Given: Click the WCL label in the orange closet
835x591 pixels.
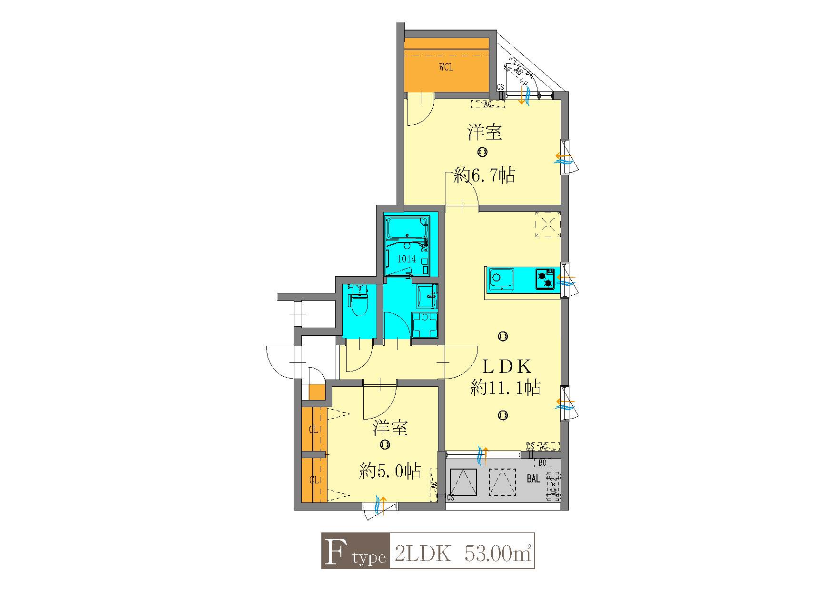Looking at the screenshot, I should (x=446, y=67).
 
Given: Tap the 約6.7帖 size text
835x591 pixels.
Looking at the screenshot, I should (x=484, y=176).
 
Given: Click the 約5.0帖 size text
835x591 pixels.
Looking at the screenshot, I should (x=390, y=471).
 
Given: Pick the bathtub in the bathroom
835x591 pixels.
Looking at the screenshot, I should (x=408, y=228).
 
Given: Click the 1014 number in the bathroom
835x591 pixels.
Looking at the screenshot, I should (x=407, y=259).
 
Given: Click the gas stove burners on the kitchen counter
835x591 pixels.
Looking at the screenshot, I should (x=545, y=279).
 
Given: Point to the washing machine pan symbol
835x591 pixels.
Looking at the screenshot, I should (x=425, y=325).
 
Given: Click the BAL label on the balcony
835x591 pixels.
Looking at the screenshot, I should (x=533, y=479).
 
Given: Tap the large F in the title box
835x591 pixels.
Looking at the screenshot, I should (x=335, y=551).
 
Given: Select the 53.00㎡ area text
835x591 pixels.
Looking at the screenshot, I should (x=497, y=553).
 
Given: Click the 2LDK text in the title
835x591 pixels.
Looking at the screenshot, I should (x=423, y=553).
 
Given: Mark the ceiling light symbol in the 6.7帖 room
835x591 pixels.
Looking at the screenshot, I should (x=482, y=152).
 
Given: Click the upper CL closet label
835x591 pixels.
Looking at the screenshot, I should (x=313, y=430).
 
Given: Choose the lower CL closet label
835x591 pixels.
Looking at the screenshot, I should (x=313, y=480).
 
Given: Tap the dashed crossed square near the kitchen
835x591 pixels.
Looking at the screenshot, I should (x=547, y=224).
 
